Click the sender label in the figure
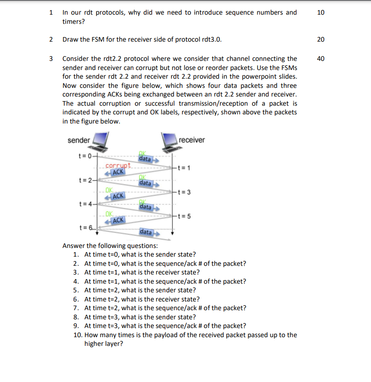tap(79, 140)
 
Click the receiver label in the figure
tap(192, 140)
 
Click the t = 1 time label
tap(183, 168)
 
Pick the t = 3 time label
tap(183, 192)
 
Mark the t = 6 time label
tap(85, 227)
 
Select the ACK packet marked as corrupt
tap(117, 172)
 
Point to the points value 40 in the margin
tap(320, 59)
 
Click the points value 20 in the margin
tap(320, 39)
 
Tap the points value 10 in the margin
tap(320, 12)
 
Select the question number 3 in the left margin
tap(51, 59)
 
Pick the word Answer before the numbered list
tap(74, 246)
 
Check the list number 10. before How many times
tap(78, 335)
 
